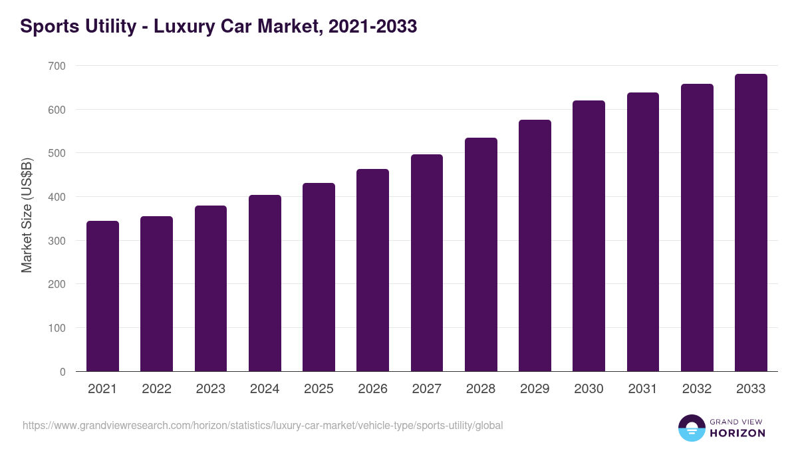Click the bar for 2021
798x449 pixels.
tap(102, 296)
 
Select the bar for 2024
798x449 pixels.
tap(265, 283)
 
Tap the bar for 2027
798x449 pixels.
tap(427, 263)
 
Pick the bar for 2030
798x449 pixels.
tap(589, 236)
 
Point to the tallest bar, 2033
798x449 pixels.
tap(751, 223)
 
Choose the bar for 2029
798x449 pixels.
tap(535, 245)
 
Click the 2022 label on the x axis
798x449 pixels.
tap(156, 389)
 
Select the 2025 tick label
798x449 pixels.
tap(319, 389)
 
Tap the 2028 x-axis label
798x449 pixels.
tap(481, 389)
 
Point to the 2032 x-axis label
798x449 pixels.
tap(697, 389)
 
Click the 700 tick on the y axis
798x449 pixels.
tap(57, 66)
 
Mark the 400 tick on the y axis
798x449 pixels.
tap(57, 197)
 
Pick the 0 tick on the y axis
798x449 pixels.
tap(63, 372)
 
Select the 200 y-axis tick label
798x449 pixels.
tap(57, 284)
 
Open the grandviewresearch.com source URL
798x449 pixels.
tap(263, 425)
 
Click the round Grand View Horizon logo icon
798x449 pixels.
tap(692, 428)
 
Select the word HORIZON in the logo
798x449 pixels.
tap(737, 433)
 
